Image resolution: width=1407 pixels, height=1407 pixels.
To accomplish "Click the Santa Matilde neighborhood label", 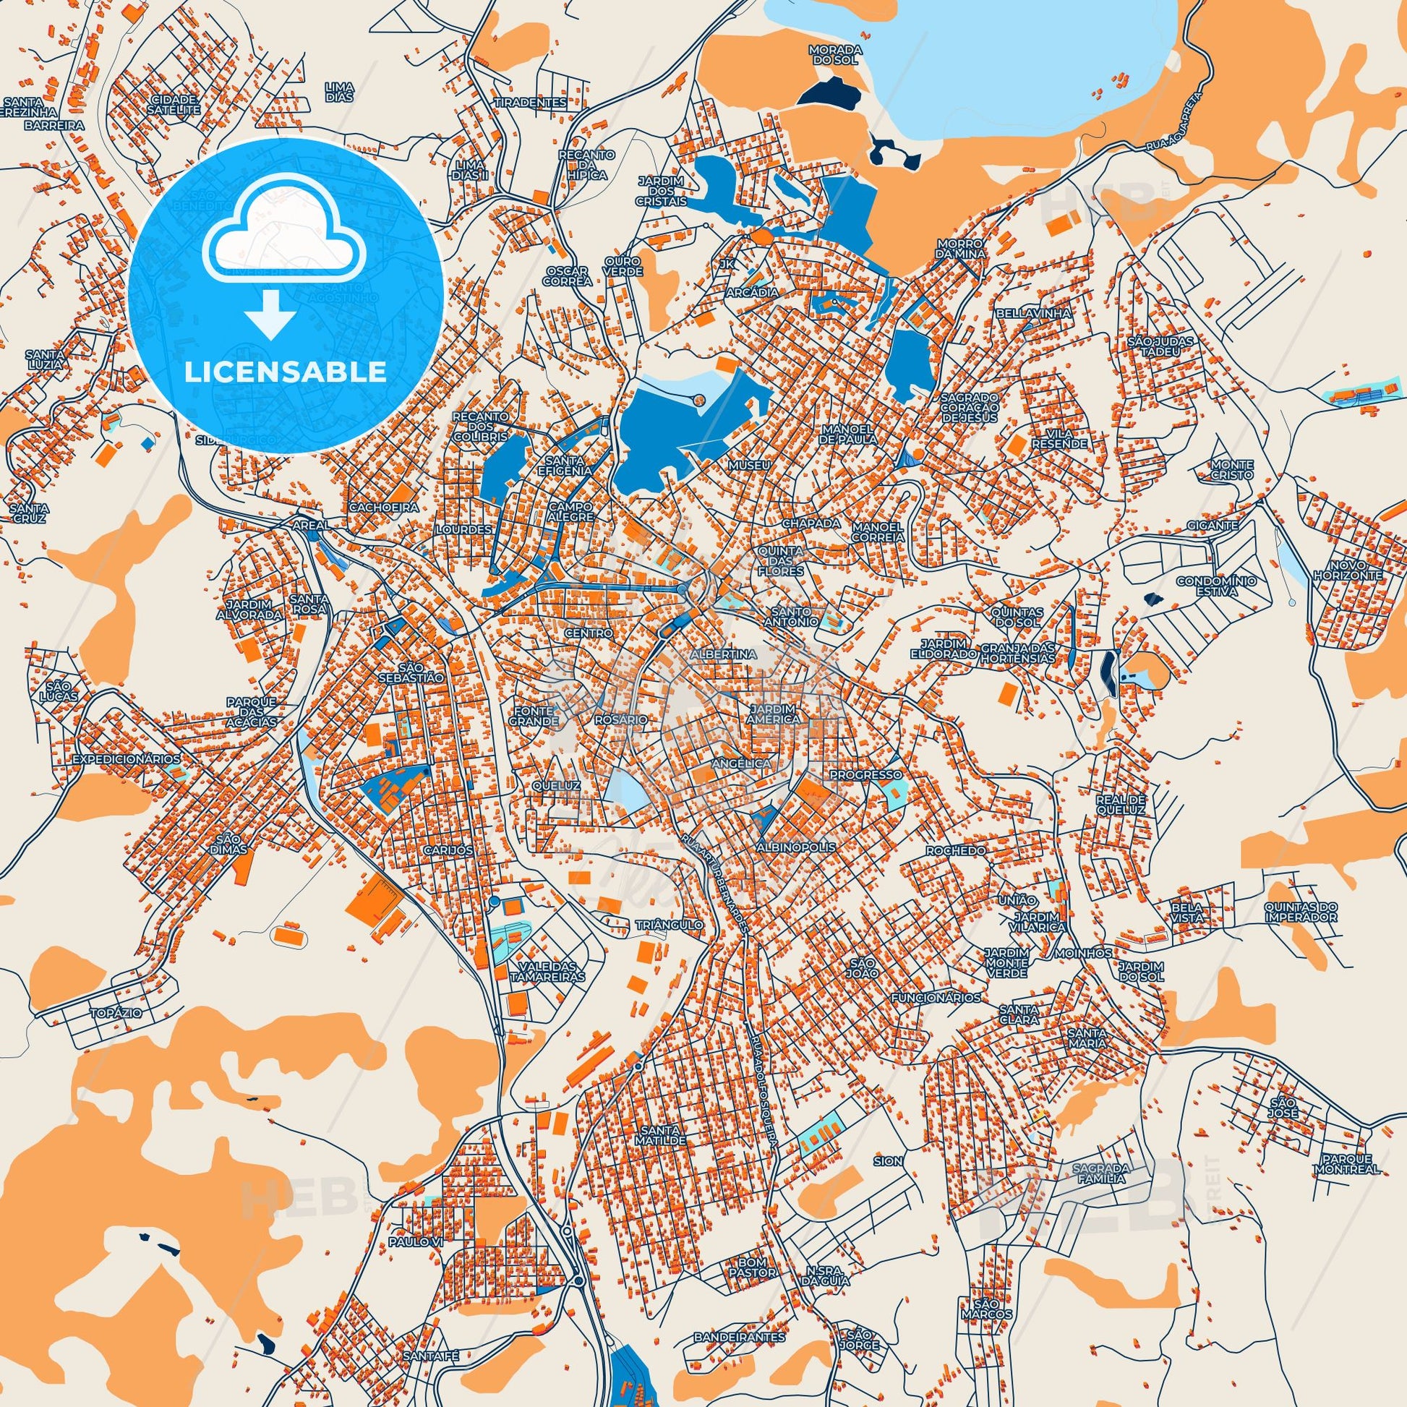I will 661,1134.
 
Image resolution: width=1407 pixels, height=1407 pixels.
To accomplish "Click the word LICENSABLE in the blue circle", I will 286,372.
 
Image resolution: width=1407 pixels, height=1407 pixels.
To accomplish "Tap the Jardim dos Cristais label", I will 662,191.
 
